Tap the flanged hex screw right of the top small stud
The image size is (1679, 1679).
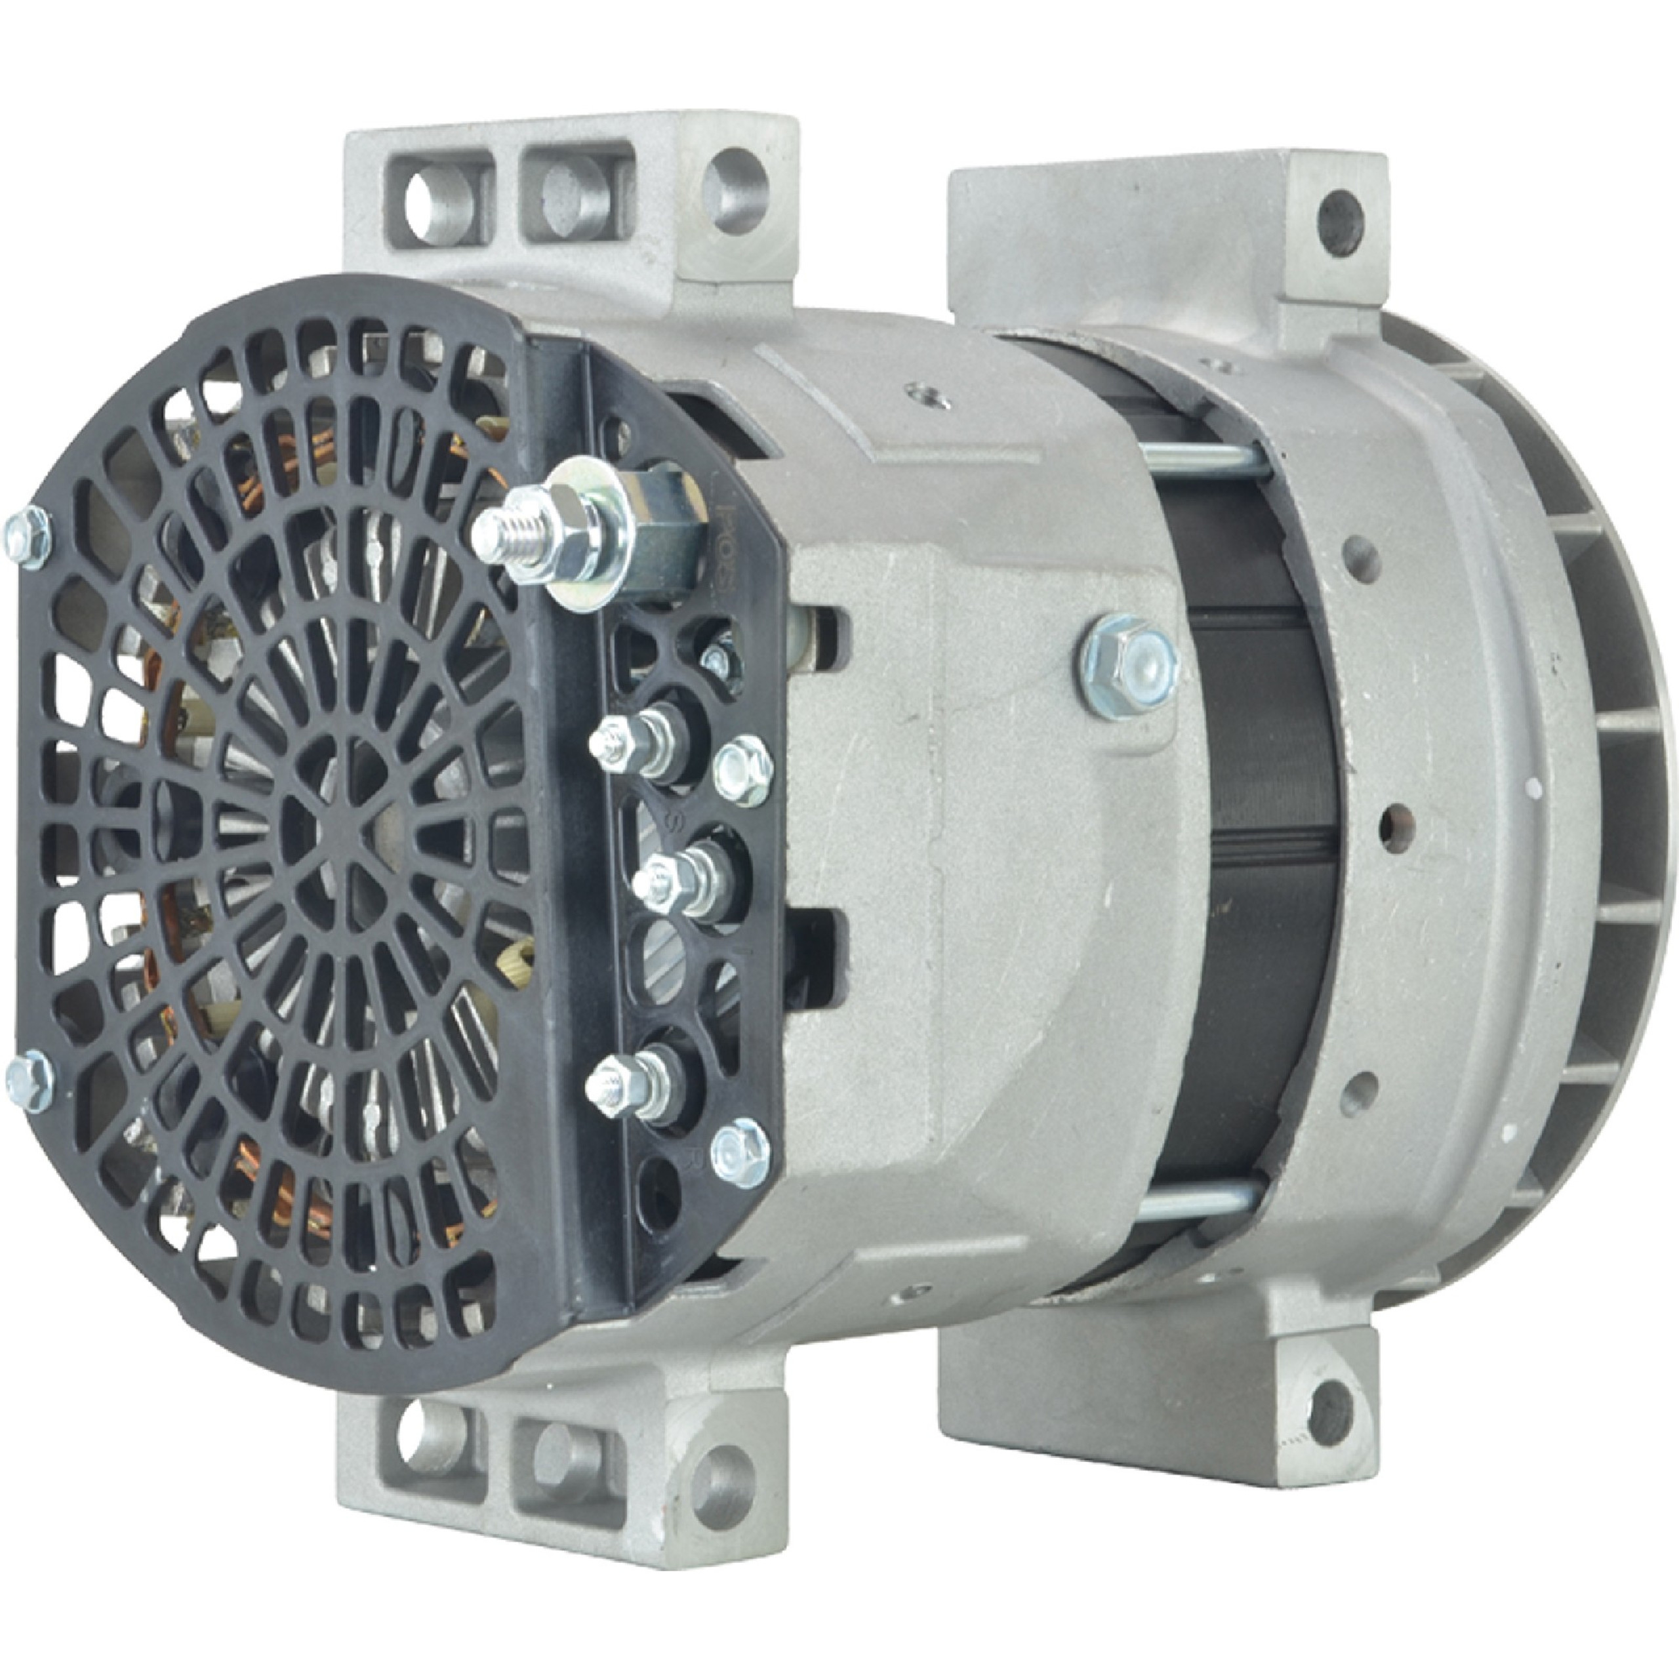pos(744,768)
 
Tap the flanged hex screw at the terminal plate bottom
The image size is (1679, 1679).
pos(738,1152)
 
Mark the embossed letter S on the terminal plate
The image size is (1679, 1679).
pos(671,821)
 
